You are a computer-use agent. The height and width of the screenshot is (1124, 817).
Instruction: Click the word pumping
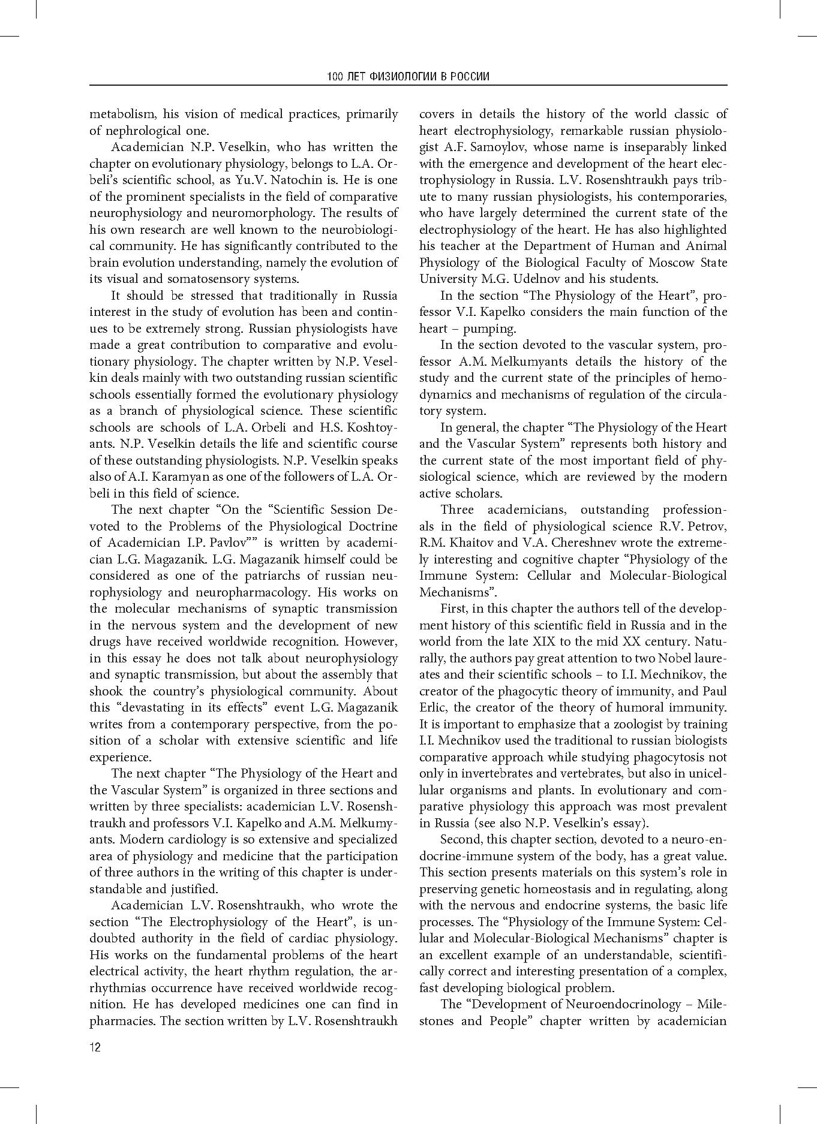pyautogui.click(x=489, y=329)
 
